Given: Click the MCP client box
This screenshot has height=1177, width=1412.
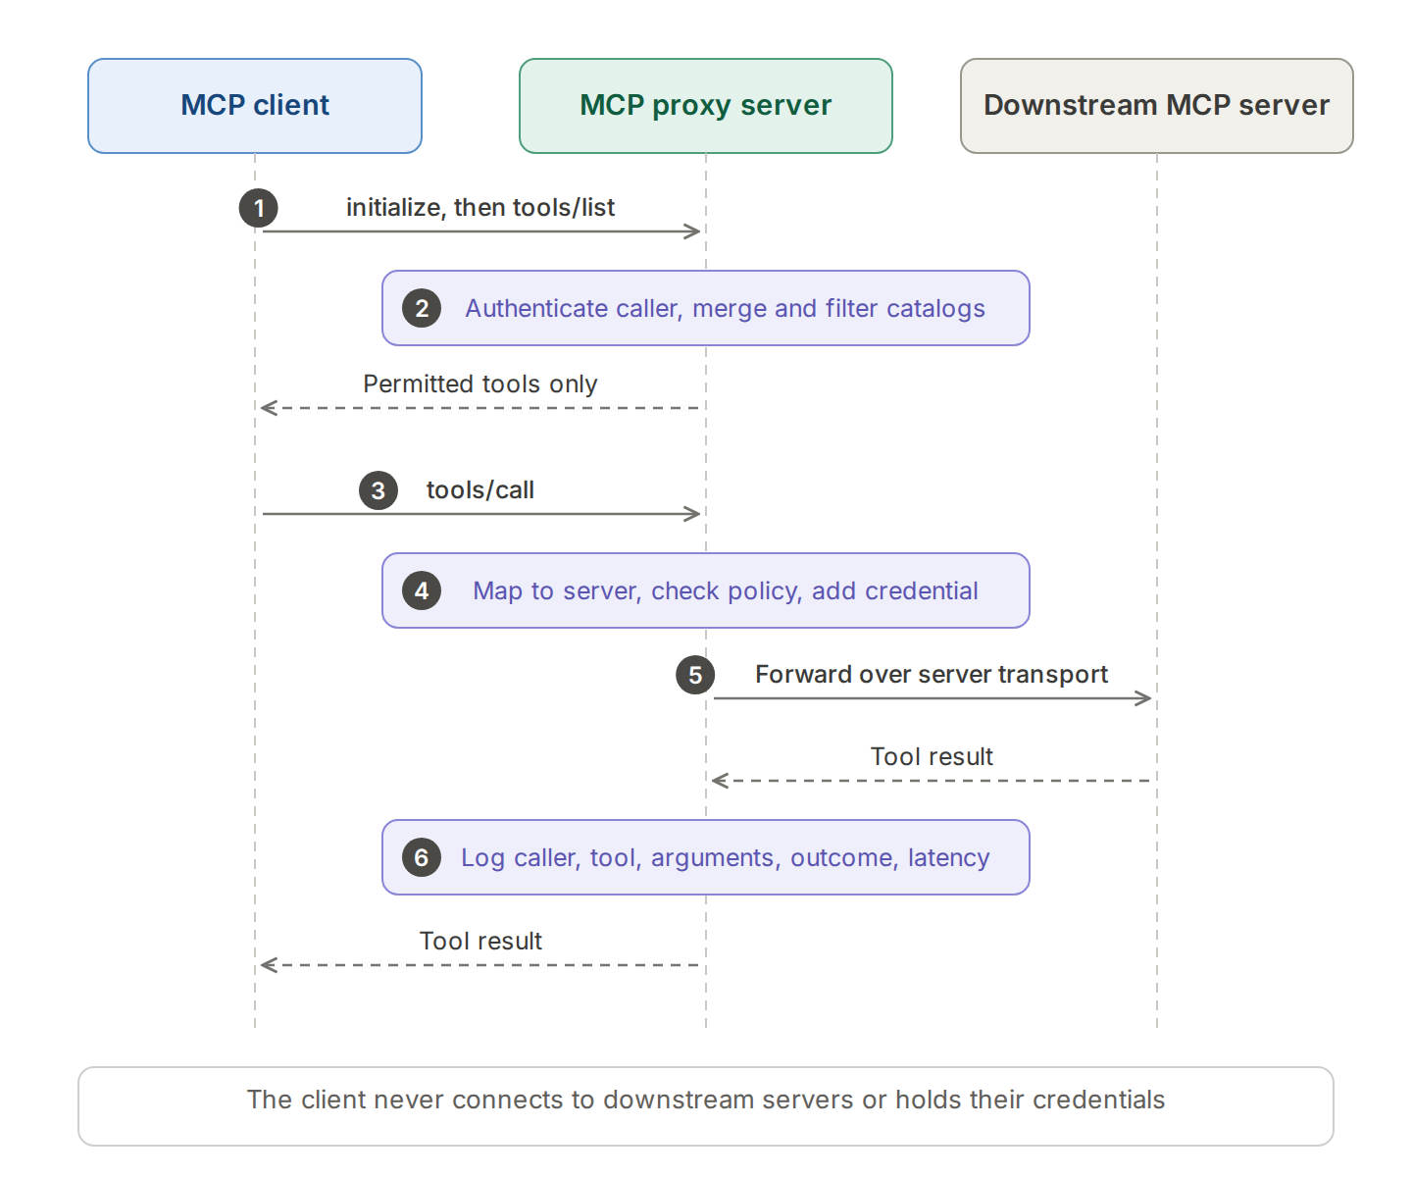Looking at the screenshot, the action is point(255,106).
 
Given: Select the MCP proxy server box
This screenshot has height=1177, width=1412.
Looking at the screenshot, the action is point(705,106).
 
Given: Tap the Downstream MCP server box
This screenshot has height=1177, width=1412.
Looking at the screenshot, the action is point(1156,106).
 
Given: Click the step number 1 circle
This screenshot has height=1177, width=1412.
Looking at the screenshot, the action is point(258,208).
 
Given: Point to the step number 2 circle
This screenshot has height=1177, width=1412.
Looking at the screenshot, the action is point(422,308).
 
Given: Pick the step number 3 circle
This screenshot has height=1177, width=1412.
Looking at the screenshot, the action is point(378,490).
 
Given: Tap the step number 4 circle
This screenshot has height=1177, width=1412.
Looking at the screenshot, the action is point(422,590).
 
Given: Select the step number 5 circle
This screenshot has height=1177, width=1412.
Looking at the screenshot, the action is point(695,675).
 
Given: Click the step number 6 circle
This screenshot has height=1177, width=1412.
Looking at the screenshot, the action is point(422,857).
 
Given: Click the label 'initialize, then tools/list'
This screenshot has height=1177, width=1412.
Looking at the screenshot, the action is point(480,208).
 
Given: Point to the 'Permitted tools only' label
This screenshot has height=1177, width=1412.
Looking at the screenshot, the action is point(480,384).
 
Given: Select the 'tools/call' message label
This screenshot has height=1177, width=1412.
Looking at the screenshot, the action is point(480,489).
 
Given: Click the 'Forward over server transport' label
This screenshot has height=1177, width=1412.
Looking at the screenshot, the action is point(932,675).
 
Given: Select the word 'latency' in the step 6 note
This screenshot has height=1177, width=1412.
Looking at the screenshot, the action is point(949,857).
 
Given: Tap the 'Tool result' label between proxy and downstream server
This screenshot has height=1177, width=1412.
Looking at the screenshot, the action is point(932,756).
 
